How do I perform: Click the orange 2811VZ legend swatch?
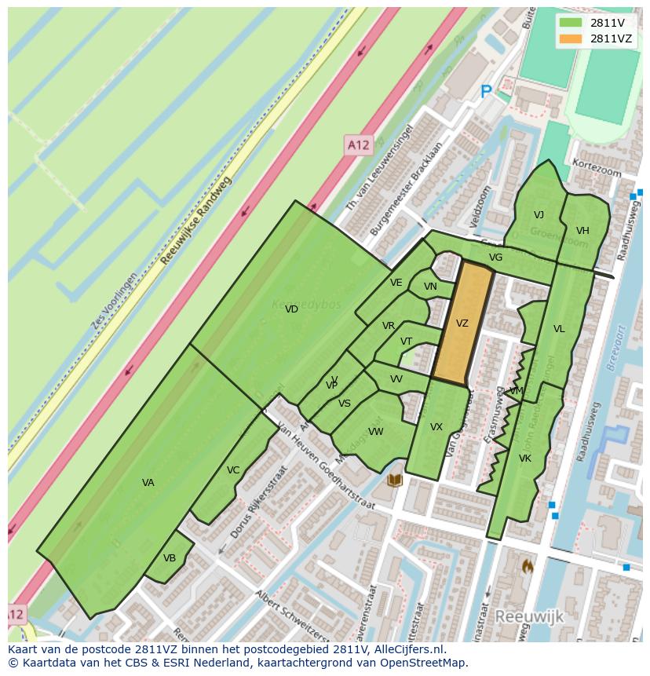tap(571, 38)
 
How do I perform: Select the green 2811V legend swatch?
tap(571, 23)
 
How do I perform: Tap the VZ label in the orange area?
tap(462, 323)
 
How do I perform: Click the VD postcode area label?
tap(291, 309)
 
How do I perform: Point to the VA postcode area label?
tap(148, 483)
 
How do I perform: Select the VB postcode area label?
tap(170, 558)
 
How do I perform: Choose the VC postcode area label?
tap(233, 470)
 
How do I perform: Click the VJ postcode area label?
tap(539, 215)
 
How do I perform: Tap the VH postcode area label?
tap(582, 231)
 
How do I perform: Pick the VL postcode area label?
tap(559, 329)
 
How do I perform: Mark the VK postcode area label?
tap(525, 459)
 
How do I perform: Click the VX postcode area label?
tap(436, 427)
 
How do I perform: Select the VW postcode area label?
tap(376, 432)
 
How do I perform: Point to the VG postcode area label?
tap(495, 258)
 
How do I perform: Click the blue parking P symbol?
tap(486, 92)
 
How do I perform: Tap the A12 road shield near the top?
tap(358, 144)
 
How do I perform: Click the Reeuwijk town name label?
tap(529, 617)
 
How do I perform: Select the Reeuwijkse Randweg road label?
tap(196, 219)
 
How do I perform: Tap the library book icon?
tap(395, 479)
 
